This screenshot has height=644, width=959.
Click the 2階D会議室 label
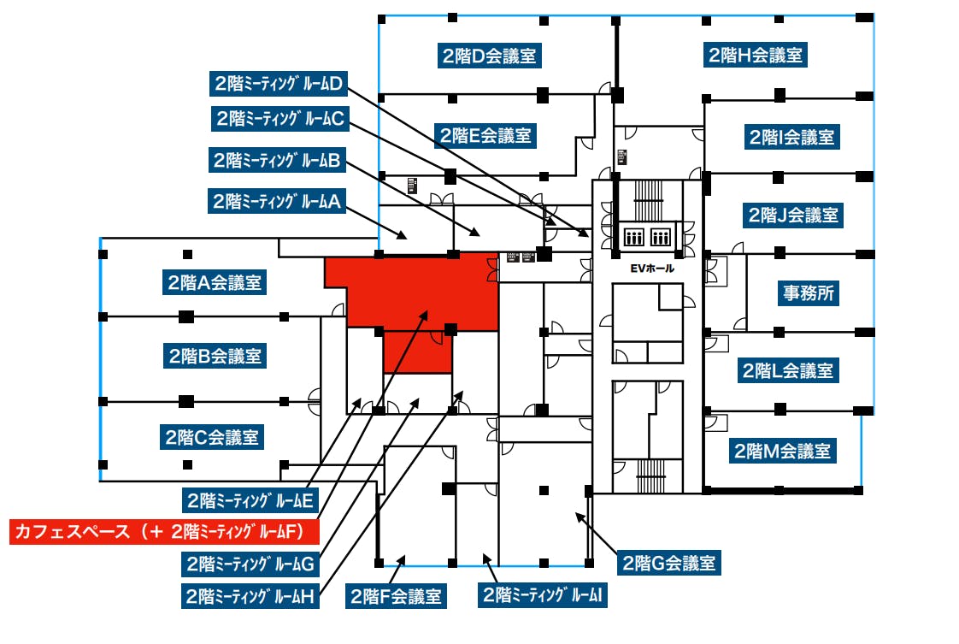pyautogui.click(x=489, y=56)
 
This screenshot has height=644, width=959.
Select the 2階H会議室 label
pyautogui.click(x=756, y=56)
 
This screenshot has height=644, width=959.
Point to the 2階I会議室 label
pyautogui.click(x=791, y=136)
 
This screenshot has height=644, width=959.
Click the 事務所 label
pyautogui.click(x=806, y=292)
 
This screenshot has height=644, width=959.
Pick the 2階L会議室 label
pyautogui.click(x=786, y=371)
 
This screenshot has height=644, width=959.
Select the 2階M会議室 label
pyautogui.click(x=782, y=450)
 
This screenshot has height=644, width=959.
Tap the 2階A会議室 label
pyautogui.click(x=214, y=281)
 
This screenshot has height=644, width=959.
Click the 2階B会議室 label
pyautogui.click(x=215, y=355)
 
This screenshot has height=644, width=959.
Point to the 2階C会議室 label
pyautogui.click(x=211, y=438)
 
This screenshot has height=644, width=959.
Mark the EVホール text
pyautogui.click(x=652, y=269)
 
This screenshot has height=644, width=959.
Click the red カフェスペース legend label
pyautogui.click(x=164, y=531)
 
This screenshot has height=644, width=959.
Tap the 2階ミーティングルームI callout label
pyautogui.click(x=544, y=595)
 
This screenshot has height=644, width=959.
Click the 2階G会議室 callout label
pyautogui.click(x=668, y=564)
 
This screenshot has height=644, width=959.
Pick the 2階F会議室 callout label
pyautogui.click(x=396, y=596)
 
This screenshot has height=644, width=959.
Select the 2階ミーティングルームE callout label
pyautogui.click(x=251, y=499)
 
